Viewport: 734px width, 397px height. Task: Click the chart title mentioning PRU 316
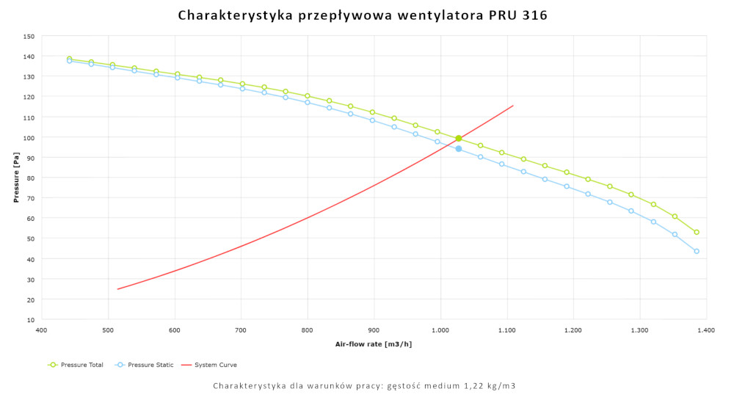point(363,15)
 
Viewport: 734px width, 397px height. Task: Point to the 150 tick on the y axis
point(29,37)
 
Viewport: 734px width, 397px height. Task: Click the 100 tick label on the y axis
point(29,138)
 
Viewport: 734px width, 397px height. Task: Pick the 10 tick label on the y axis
point(30,320)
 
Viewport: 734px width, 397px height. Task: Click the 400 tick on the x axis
point(42,331)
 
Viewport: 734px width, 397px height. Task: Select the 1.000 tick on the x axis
point(440,331)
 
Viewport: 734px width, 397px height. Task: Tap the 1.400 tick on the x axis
point(705,331)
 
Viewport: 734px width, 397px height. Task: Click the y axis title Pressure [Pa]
point(16,178)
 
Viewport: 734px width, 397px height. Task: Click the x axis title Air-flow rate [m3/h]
point(374,344)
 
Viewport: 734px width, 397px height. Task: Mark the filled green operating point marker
point(459,138)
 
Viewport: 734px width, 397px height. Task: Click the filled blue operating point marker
point(459,148)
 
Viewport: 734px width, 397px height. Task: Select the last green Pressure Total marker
point(697,232)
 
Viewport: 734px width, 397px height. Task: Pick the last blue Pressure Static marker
point(697,251)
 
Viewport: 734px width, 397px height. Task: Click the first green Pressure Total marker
point(69,59)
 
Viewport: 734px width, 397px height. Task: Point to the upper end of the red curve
point(513,106)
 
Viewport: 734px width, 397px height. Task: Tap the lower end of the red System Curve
point(117,289)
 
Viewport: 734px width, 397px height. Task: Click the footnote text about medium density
point(364,386)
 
